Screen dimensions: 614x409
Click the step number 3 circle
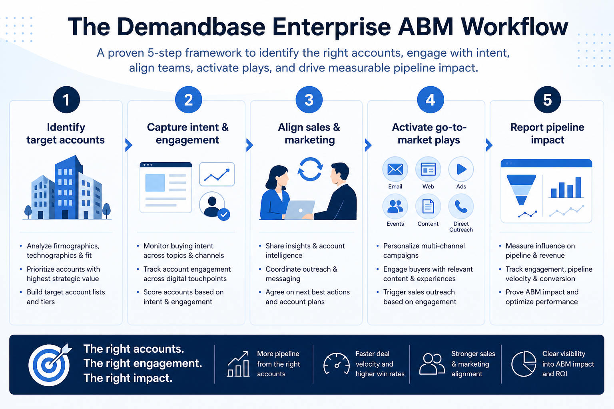pos(309,100)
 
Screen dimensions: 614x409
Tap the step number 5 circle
pos(547,100)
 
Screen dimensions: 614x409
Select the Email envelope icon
pos(395,169)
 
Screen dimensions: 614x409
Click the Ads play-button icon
pos(461,169)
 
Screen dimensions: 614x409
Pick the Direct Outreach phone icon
pos(461,206)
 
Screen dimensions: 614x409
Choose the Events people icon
pos(395,206)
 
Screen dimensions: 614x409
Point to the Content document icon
pos(428,206)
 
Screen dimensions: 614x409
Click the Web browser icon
pos(428,169)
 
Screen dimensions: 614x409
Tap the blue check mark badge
pos(224,214)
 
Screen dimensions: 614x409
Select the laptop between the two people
pos(299,210)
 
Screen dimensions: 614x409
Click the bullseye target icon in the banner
pos(50,364)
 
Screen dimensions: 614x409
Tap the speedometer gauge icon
pos(336,363)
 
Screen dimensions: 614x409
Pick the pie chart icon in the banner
pos(524,363)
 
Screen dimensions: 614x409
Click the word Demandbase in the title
pos(191,27)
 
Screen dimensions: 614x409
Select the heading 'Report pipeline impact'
pos(547,133)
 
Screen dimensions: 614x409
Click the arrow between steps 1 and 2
pos(129,145)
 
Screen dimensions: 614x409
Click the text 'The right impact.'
pos(128,378)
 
